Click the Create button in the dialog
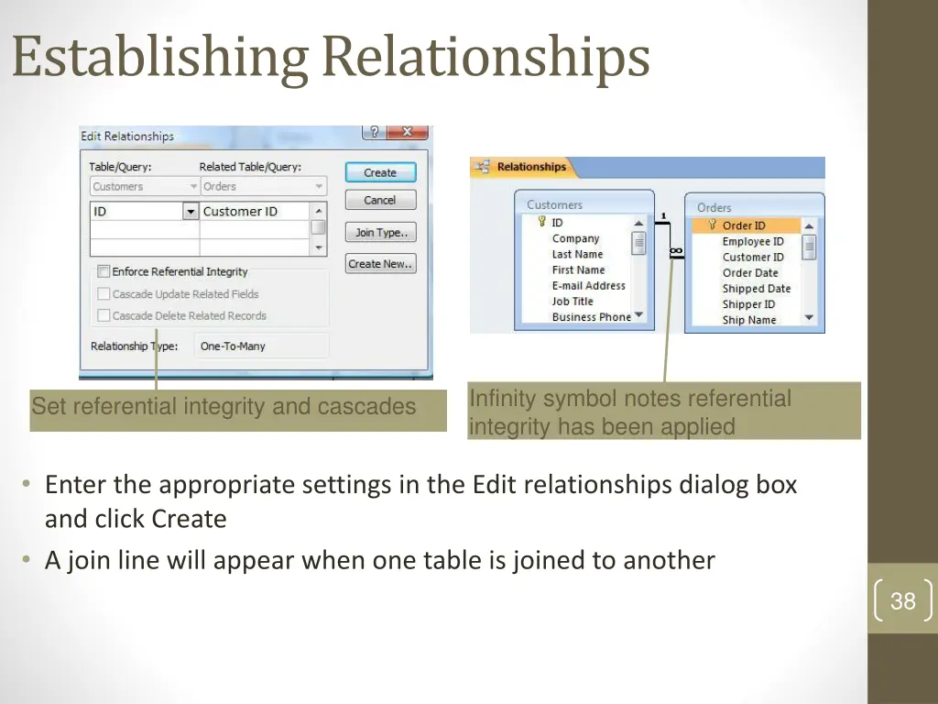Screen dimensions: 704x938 [380, 172]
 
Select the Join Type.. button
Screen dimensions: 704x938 [380, 233]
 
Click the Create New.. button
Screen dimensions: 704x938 [380, 264]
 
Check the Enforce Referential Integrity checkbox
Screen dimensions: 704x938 [104, 271]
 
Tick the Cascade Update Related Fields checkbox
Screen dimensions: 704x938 [104, 294]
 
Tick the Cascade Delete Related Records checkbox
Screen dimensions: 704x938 [104, 315]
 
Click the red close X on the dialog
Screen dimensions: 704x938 [408, 132]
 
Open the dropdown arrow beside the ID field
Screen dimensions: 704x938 [191, 212]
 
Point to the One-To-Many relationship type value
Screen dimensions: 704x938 [233, 346]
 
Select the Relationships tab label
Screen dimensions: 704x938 [531, 167]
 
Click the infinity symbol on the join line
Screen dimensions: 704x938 [676, 250]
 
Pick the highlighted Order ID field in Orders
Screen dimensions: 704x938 [744, 225]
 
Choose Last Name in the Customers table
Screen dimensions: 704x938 [577, 254]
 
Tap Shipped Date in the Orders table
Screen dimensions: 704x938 [756, 289]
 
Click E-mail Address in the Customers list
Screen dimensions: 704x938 [588, 285]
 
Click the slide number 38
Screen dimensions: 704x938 [902, 601]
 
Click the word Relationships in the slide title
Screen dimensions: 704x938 [486, 57]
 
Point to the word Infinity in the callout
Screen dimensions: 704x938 [503, 399]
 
